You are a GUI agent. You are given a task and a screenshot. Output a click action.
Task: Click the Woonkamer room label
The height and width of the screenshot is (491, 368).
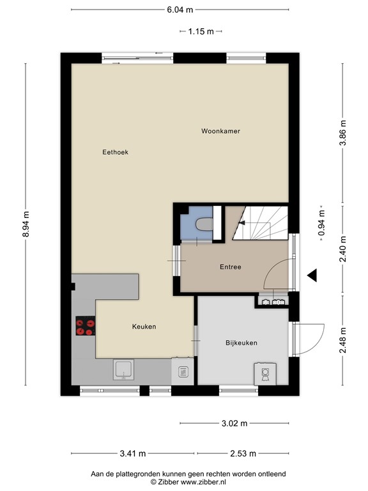pos(220,131)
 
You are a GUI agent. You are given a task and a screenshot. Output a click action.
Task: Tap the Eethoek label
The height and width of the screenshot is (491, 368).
pos(115,152)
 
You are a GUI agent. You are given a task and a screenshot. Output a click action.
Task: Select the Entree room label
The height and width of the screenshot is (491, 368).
pos(230,267)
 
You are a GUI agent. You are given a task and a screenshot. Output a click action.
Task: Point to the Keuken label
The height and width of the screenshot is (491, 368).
pos(144,326)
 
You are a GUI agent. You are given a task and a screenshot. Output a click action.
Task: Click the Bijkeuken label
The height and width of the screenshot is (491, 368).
pos(241,343)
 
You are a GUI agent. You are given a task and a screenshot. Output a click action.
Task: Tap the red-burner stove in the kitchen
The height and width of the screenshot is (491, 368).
pos(84,327)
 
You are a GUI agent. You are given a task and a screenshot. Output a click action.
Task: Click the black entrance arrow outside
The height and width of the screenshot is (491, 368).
pos(312,275)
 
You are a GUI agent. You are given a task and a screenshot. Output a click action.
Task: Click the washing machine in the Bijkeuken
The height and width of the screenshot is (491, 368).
pos(264,373)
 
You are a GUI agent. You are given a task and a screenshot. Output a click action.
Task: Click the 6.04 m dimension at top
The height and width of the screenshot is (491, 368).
pos(180,10)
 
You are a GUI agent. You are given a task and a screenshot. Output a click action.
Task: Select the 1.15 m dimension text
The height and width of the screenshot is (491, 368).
pos(201,31)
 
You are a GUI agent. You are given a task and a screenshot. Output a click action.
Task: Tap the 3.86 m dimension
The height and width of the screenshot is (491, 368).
pos(342,134)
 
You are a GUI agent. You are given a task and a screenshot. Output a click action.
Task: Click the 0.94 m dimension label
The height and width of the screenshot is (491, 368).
pos(321,224)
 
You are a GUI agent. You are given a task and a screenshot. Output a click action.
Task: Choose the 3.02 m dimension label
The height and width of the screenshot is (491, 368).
pos(234,423)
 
